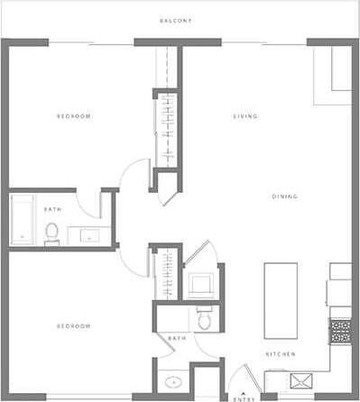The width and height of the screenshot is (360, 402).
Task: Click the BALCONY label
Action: (175, 21)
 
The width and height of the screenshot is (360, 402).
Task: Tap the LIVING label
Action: (246, 116)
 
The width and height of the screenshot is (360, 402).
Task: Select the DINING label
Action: (285, 196)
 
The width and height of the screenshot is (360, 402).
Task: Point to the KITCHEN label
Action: (280, 355)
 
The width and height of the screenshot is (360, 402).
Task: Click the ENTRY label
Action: (242, 397)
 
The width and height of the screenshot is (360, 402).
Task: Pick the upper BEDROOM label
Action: (73, 116)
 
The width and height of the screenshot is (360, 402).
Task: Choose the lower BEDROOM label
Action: (73, 325)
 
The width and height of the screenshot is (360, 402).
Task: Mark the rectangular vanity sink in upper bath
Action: (88, 235)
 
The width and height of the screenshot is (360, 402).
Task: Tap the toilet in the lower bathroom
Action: (204, 319)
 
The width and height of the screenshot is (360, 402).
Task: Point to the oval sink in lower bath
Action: (170, 379)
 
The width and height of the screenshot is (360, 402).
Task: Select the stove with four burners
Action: (341, 331)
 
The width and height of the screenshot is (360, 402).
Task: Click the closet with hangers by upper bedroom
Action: (166, 126)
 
